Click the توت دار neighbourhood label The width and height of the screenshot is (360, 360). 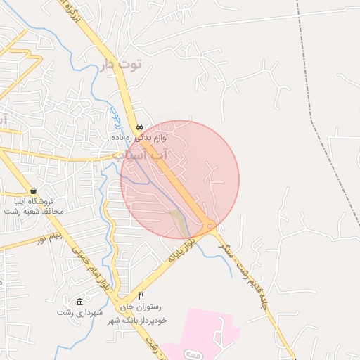[122, 65]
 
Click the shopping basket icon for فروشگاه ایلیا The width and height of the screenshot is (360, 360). [33, 191]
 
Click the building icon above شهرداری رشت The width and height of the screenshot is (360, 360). [79, 301]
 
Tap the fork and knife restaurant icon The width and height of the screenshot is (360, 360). [141, 296]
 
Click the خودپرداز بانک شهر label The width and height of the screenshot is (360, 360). [136, 321]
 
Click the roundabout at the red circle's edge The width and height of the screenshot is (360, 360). [210, 226]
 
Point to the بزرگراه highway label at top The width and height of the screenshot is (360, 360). [82, 21]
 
